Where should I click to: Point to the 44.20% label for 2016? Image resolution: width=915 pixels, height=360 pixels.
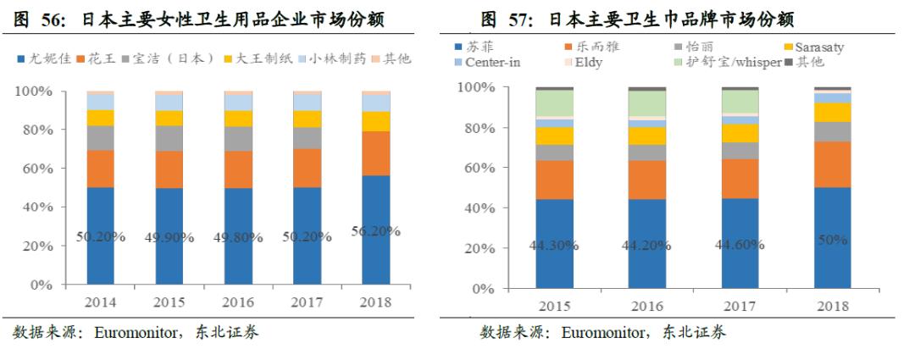coord(646,246)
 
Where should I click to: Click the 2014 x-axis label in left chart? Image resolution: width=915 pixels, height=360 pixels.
coord(100,302)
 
